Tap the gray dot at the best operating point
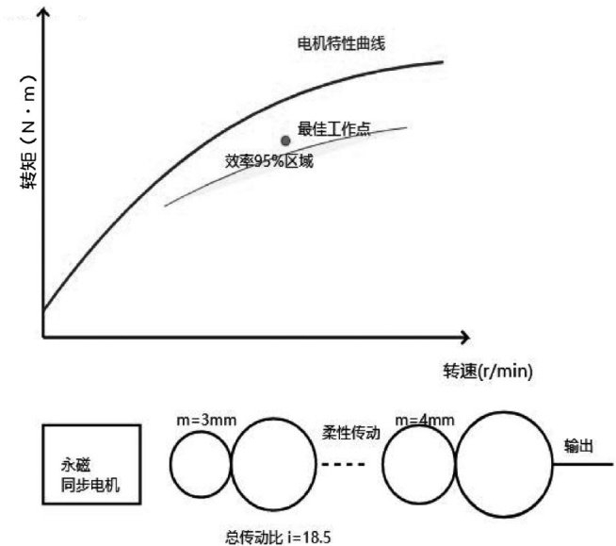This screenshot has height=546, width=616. [286, 141]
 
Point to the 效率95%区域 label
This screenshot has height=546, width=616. [269, 161]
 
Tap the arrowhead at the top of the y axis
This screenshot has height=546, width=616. [43, 12]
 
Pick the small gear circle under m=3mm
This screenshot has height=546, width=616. [201, 466]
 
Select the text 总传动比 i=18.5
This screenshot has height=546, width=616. [279, 535]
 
